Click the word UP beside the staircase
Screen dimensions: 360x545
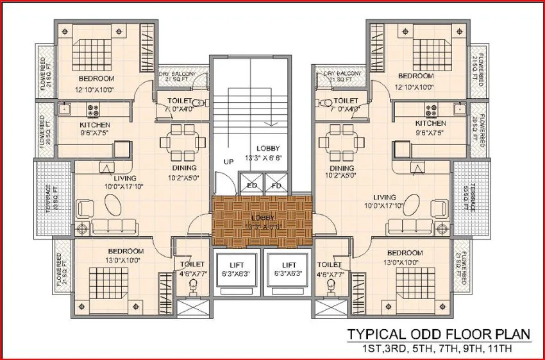pos(228,162)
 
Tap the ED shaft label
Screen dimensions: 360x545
pos(251,187)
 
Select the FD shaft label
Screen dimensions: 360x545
pos(276,187)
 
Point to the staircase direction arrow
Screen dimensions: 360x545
pos(272,122)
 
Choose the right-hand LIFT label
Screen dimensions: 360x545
pos(289,264)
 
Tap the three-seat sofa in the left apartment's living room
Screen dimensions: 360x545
pos(115,225)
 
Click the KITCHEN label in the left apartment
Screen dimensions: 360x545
pos(95,124)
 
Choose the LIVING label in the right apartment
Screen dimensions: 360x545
pos(383,197)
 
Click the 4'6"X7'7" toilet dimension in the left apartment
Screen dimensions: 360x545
pos(192,274)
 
